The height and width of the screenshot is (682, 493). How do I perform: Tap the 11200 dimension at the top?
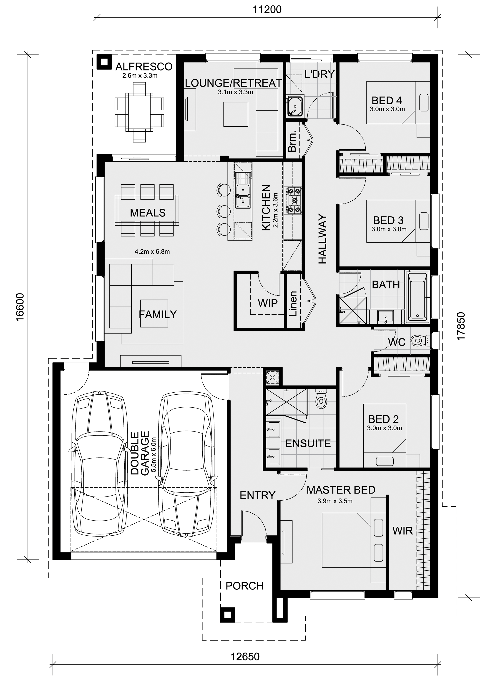pos(267,10)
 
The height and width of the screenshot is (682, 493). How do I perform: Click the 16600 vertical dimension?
pos(20,307)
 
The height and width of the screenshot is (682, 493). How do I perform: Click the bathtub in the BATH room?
pos(417,296)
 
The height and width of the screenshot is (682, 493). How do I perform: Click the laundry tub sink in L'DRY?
pos(295,106)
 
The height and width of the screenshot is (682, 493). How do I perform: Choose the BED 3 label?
pos(388,221)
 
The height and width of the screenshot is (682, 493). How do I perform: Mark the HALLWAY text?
pos(322,239)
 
